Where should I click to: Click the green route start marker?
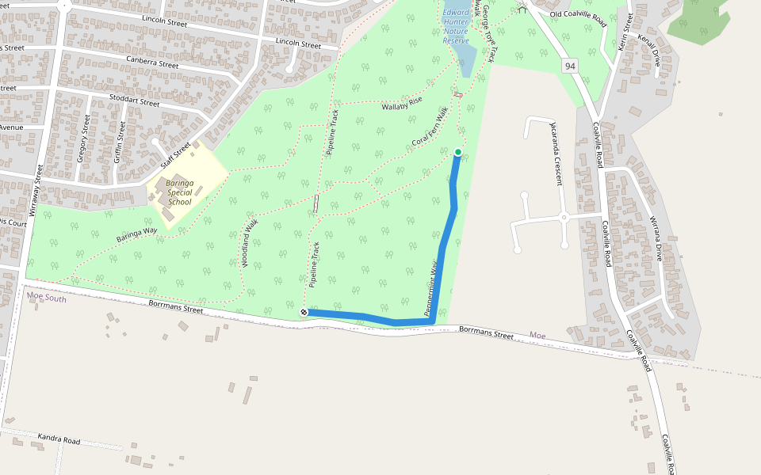coord(458,152)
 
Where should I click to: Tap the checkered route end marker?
coord(304,313)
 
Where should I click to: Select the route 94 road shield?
coord(570,66)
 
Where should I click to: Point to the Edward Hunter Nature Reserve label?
coord(456,26)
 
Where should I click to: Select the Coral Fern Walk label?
coord(430,131)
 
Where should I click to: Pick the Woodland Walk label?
coord(250,241)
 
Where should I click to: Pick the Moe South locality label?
coord(46,298)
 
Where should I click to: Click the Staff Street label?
coord(176,154)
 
